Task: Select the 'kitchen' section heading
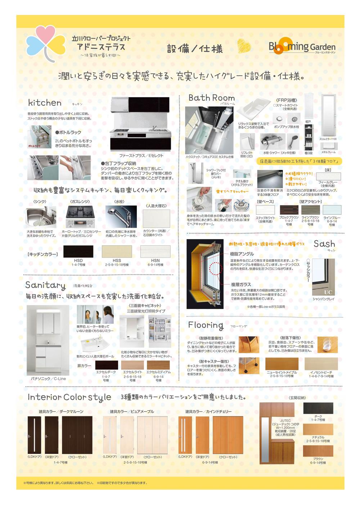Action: pos(45,103)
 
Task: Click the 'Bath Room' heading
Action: pos(211,98)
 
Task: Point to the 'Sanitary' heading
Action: pos(45,285)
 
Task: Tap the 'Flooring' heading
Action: pos(206,325)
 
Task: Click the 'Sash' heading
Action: pos(324,244)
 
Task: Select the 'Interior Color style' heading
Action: pos(69,397)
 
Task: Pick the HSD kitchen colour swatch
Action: pos(78,251)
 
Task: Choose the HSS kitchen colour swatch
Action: pos(117,251)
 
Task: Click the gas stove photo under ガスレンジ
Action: pos(80,216)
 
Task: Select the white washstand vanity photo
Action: pos(48,340)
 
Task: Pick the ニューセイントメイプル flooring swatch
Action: pos(282,363)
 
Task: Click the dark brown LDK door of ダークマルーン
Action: pos(35,435)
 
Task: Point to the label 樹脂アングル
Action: pos(242,254)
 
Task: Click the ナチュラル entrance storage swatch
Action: pos(318,429)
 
